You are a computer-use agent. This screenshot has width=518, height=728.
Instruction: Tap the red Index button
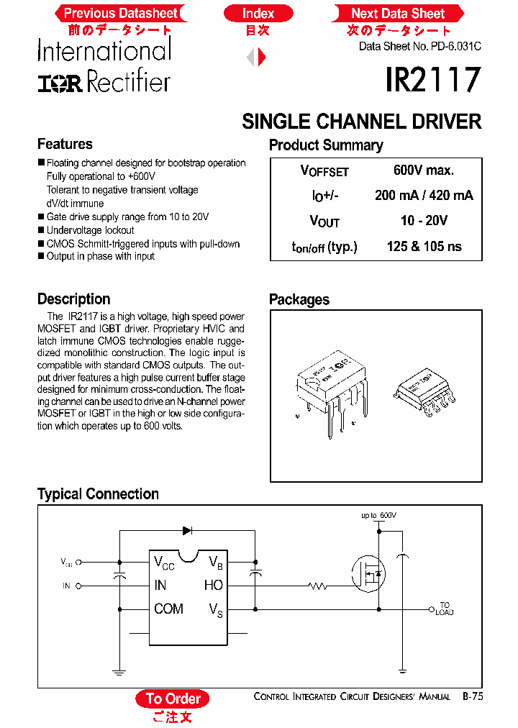coord(258,13)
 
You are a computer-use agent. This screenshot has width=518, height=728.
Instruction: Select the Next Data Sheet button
coord(397,13)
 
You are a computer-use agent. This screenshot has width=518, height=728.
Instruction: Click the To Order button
coord(173,699)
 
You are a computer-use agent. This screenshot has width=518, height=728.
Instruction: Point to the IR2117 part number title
coord(432,81)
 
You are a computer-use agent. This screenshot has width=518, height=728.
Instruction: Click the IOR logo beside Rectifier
coord(60,83)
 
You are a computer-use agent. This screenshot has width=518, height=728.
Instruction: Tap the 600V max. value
coord(423,170)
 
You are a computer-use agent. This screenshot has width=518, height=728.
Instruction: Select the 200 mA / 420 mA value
coord(424,196)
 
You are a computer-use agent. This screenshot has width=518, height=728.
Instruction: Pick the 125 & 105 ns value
coord(424,247)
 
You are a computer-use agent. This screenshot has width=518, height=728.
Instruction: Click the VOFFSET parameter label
coord(324,171)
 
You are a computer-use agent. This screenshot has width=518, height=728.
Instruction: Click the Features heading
coord(65,144)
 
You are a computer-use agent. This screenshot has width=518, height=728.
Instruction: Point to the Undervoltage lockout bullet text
coord(90,230)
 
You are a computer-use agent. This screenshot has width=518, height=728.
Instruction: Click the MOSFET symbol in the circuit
coord(369,573)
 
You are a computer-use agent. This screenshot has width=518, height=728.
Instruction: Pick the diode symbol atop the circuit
coord(188,530)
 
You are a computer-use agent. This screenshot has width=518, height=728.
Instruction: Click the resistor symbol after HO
coord(318,586)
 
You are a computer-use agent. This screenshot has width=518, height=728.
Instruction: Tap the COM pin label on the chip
coord(168,609)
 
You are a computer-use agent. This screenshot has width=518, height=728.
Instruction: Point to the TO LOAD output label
coord(444,609)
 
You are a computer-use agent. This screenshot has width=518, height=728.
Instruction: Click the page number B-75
coord(472,696)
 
